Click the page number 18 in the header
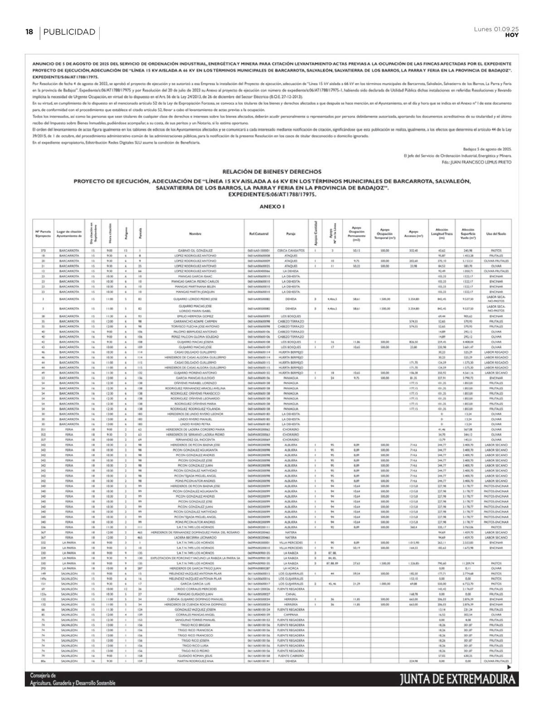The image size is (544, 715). (x=29, y=32)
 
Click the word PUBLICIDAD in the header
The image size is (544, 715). (x=69, y=32)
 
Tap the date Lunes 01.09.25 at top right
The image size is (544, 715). (x=496, y=29)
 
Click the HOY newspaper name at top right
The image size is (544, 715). (x=512, y=35)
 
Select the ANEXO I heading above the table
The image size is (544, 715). (x=272, y=206)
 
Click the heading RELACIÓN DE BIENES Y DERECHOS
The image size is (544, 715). (x=272, y=172)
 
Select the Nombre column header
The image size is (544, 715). (x=195, y=234)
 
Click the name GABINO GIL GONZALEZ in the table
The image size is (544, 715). (x=195, y=250)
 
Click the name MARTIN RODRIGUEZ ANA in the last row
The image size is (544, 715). (x=195, y=661)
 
